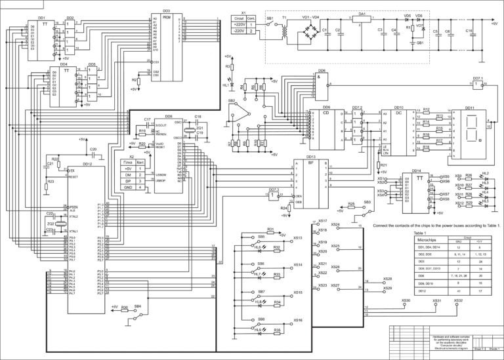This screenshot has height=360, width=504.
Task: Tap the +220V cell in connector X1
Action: click(240, 24)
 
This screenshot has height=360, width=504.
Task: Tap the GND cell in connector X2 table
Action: click(129, 188)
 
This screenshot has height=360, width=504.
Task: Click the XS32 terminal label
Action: click(458, 300)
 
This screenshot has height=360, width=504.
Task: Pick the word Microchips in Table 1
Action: click(427, 240)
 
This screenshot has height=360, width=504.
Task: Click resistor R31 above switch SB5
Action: click(270, 230)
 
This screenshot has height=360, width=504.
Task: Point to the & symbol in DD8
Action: click(321, 77)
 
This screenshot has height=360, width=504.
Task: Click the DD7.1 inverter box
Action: click(477, 86)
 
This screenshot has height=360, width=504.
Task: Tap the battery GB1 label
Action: click(419, 43)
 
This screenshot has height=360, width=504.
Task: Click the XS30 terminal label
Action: click(406, 300)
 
